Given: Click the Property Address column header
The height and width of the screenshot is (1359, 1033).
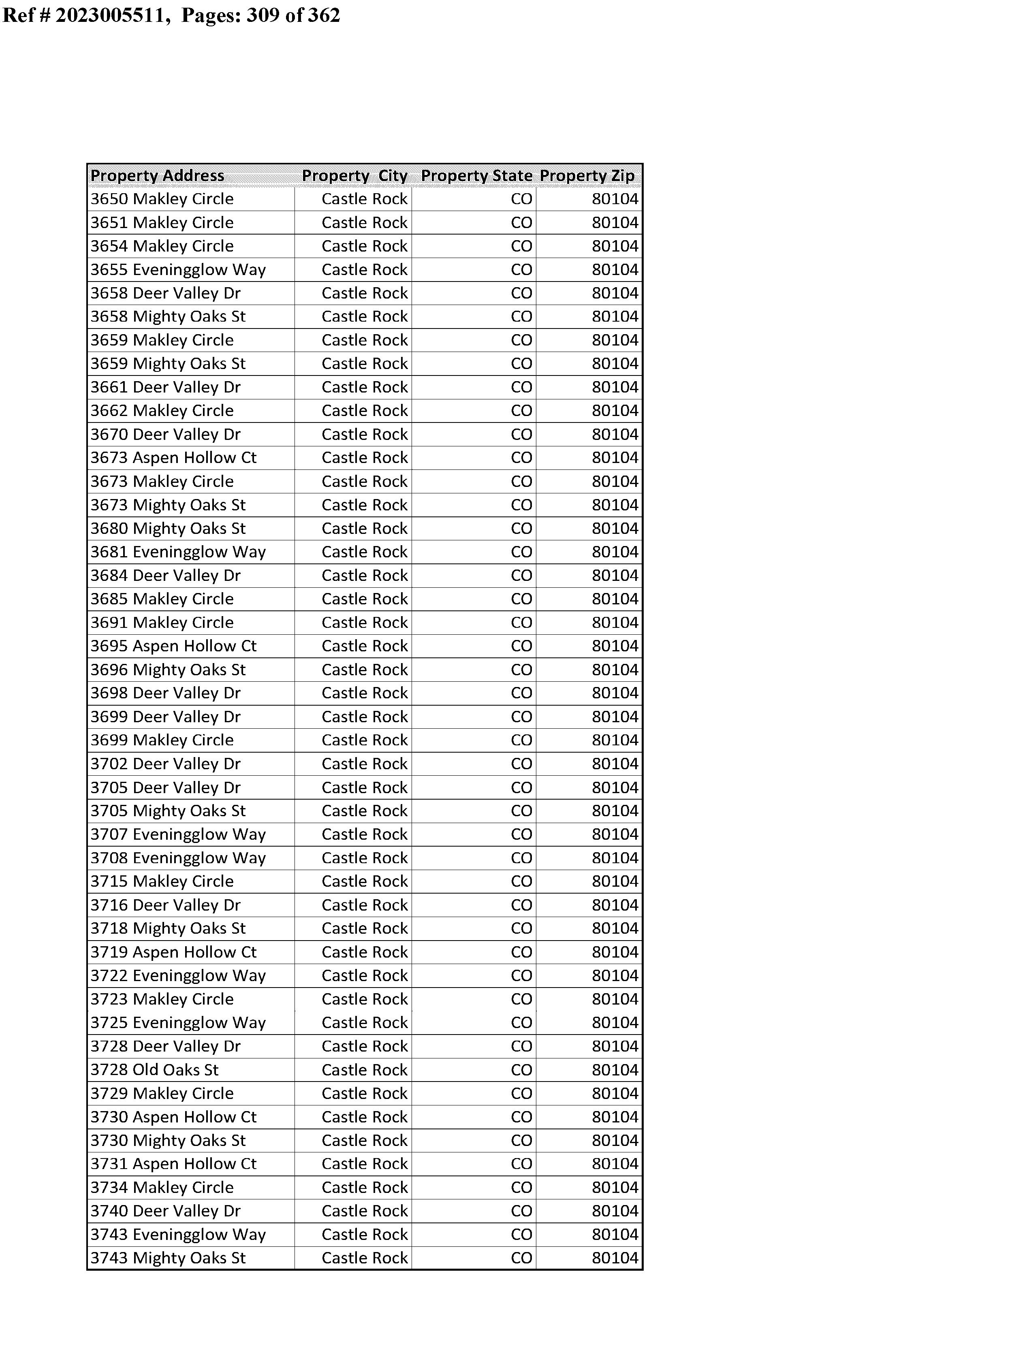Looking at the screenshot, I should (158, 176).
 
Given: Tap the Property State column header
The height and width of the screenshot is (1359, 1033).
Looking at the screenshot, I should (476, 176).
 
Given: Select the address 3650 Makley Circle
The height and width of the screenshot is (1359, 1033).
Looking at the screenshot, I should (162, 199).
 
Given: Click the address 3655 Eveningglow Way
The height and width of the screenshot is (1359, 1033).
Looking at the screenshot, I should (178, 270).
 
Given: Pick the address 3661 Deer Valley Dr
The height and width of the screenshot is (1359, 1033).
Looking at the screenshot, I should (165, 387).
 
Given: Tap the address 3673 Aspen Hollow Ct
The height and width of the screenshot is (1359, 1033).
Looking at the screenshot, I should (173, 458).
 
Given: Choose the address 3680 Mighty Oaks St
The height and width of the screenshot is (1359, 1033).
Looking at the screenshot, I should (168, 529).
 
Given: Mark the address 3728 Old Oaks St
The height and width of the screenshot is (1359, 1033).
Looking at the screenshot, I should (154, 1070).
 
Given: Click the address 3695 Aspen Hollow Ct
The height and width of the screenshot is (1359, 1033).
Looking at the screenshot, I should (173, 646).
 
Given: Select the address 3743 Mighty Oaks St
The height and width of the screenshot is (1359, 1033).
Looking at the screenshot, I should (168, 1258).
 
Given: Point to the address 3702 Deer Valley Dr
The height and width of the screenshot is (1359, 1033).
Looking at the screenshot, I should (165, 764).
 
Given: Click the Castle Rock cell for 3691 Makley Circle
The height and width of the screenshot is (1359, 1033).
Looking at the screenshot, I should (364, 623).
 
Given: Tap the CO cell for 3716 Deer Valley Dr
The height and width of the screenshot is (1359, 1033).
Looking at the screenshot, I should (521, 905).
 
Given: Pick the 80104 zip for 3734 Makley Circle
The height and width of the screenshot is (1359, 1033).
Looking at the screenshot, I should (615, 1188).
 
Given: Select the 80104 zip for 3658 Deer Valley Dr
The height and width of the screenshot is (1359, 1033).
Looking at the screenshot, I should (615, 293).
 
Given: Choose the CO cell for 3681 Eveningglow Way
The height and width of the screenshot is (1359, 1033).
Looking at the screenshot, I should (521, 552).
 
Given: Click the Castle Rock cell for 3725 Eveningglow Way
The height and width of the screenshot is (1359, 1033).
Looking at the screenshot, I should (364, 1023).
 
